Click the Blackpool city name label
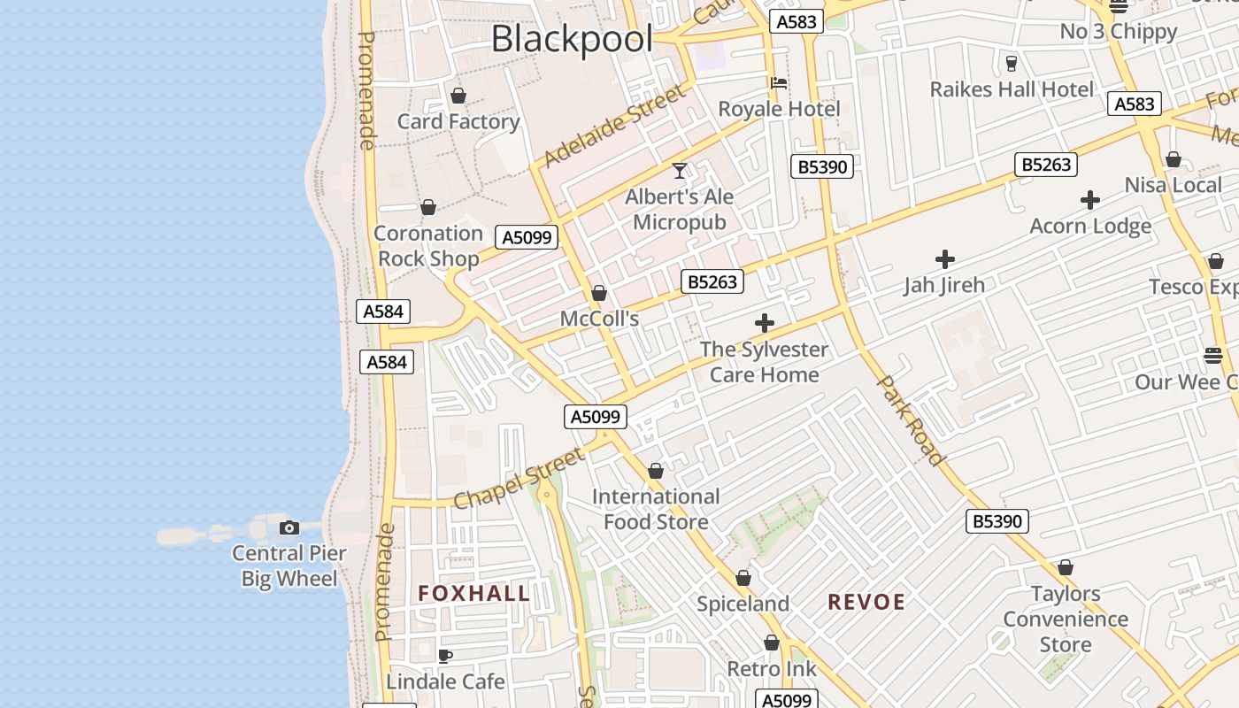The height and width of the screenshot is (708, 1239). pos(572,39)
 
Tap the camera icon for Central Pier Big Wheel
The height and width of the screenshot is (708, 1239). pos(289,528)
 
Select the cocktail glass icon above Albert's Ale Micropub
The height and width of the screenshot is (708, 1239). pos(680,170)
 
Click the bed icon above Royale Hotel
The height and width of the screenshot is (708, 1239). pos(779,83)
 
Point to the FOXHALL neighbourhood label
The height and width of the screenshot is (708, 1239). pos(473,594)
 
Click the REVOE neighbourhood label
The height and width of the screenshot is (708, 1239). pos(866,603)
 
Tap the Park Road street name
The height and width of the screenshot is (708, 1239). pos(910,419)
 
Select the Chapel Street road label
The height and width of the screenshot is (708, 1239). pos(519,479)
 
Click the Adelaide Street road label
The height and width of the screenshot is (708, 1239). pos(614,127)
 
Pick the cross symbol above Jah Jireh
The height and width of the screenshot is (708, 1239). pos(945,259)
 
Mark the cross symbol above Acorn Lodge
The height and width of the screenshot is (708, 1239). pos(1090,200)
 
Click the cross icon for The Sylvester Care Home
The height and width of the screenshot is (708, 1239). pos(765,323)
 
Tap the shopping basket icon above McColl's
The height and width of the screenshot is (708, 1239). pos(599,293)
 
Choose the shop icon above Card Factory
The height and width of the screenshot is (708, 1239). pos(458,96)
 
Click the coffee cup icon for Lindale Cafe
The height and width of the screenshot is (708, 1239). pos(445,656)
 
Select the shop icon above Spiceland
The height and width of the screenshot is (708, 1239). pos(743,578)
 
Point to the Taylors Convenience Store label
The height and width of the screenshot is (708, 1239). pos(1066,619)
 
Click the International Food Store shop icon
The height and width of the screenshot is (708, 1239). pos(656,471)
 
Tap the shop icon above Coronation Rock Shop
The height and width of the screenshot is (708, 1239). pos(428,207)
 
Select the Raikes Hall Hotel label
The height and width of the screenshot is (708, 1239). pos(1012,89)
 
